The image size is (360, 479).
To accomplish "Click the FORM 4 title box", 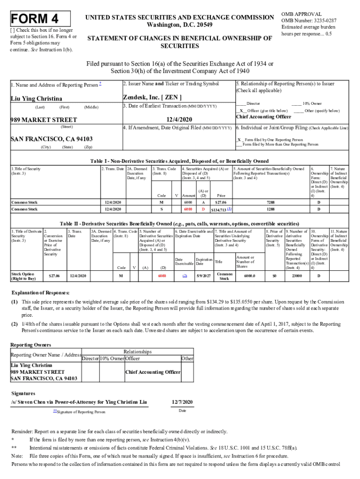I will pos(36,19).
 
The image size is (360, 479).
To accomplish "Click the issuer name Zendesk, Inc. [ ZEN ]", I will pos(152,98).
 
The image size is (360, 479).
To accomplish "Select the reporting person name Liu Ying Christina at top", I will pos(36,99).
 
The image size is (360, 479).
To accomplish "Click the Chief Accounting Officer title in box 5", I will pos(263,117).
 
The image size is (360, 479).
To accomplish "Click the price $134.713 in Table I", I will pos(220,210).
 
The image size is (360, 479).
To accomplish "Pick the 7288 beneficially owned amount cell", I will pos(270,202).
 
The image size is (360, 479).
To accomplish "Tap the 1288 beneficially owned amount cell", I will pos(270,210).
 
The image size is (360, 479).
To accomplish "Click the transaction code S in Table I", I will pos(162,210).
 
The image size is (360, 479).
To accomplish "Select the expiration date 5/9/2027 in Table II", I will pos(204,276).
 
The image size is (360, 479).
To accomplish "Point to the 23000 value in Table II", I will pos(296,276).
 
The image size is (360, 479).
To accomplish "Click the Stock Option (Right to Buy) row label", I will pos(23,276).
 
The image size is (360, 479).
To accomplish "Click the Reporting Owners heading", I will pos(31,345).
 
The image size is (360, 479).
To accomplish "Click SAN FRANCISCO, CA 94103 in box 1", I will pos(51,139).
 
